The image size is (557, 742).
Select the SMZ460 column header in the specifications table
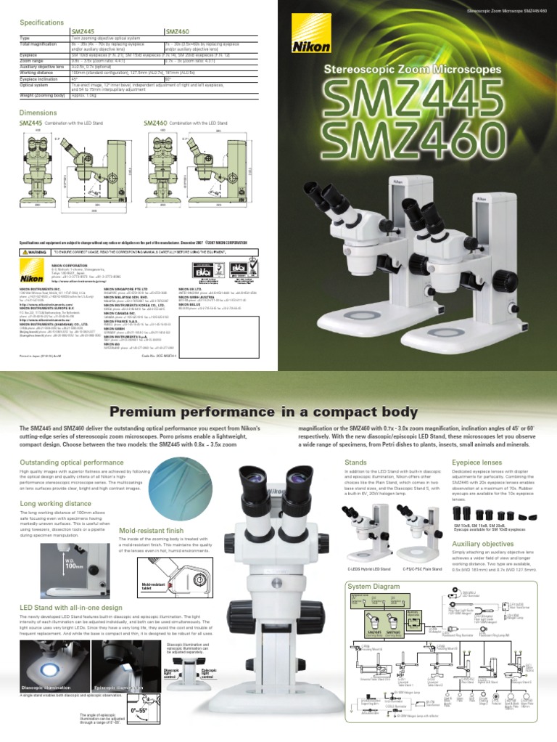[177, 33]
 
